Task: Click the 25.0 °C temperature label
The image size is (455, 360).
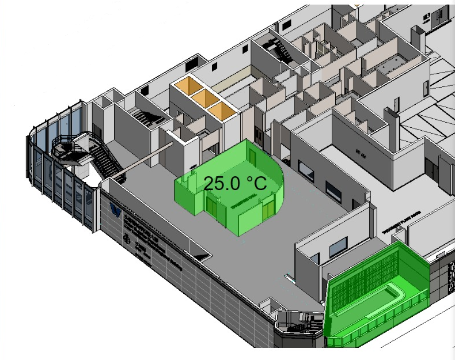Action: pyautogui.click(x=235, y=184)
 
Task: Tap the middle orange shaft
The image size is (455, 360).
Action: pyautogui.click(x=206, y=98)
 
